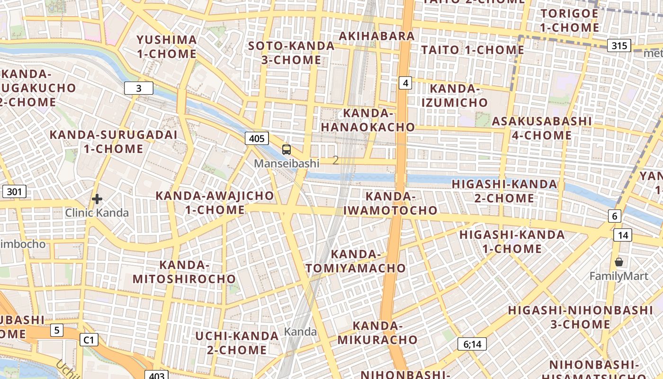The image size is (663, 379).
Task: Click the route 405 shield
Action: point(257,138)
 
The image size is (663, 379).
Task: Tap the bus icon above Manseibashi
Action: point(287,150)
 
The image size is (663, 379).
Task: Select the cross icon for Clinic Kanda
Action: point(97,199)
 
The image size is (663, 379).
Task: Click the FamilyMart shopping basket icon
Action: point(618,262)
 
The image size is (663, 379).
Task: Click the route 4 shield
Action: point(405,83)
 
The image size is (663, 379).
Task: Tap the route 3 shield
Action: point(139,88)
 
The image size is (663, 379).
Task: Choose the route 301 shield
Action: point(14,192)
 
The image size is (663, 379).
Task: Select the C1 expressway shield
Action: point(89,340)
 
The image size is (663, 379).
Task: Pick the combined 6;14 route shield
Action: point(472,344)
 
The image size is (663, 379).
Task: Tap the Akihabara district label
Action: point(377,36)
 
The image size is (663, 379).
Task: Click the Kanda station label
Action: point(300,332)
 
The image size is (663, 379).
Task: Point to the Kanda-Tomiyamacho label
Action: point(356,261)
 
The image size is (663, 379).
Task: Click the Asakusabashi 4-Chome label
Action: point(542,128)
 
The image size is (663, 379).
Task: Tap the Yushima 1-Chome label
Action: point(167,46)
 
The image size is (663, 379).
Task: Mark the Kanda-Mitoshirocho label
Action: point(184,271)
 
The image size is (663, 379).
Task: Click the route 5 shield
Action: point(56,330)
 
